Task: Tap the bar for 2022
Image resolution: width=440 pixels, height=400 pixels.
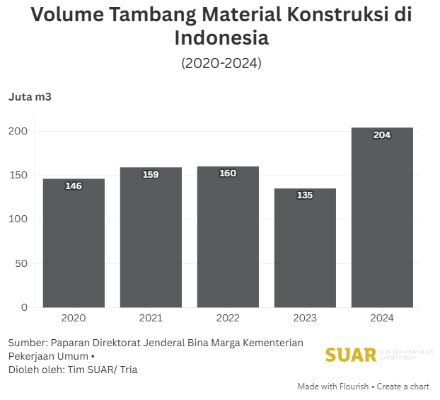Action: tap(228, 237)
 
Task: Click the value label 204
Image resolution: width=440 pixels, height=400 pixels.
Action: tap(382, 135)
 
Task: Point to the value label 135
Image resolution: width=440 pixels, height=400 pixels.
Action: tap(305, 195)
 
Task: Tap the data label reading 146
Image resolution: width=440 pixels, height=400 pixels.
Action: tap(74, 186)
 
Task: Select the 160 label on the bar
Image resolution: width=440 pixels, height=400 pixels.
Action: tap(228, 173)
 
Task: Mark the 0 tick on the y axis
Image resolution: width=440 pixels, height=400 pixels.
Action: tap(24, 307)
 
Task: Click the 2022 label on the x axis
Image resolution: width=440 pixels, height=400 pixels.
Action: tap(228, 319)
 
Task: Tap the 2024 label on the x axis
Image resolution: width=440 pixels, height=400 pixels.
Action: tap(382, 319)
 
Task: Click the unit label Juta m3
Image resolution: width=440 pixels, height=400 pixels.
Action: tap(30, 97)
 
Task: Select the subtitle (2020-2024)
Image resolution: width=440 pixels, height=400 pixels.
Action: tap(221, 63)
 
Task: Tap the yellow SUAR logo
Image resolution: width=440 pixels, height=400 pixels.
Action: tap(351, 355)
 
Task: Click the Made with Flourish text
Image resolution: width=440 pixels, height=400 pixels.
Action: tap(332, 387)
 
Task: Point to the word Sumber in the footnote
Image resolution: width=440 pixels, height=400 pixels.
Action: tap(27, 343)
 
